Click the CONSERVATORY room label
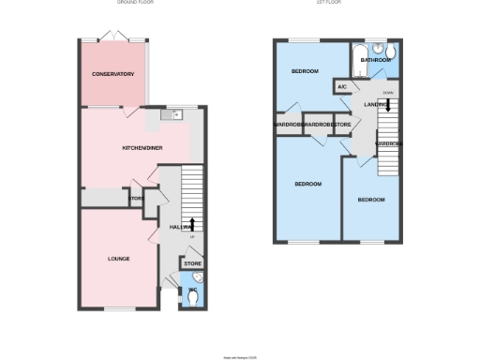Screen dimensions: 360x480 tap(112, 74)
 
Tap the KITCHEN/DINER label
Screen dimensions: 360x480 tap(144, 149)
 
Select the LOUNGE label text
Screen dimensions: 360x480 tap(118, 259)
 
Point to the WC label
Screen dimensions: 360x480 tap(192, 291)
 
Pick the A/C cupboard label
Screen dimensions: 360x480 tap(341, 88)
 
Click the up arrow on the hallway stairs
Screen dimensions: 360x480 tap(192, 223)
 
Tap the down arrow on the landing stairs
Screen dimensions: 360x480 tap(386, 106)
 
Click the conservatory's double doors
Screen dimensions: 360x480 tap(112, 37)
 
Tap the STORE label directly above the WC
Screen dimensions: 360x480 tap(192, 264)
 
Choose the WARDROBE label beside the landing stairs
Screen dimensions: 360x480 tap(389, 143)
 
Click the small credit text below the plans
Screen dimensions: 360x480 tap(239, 357)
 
